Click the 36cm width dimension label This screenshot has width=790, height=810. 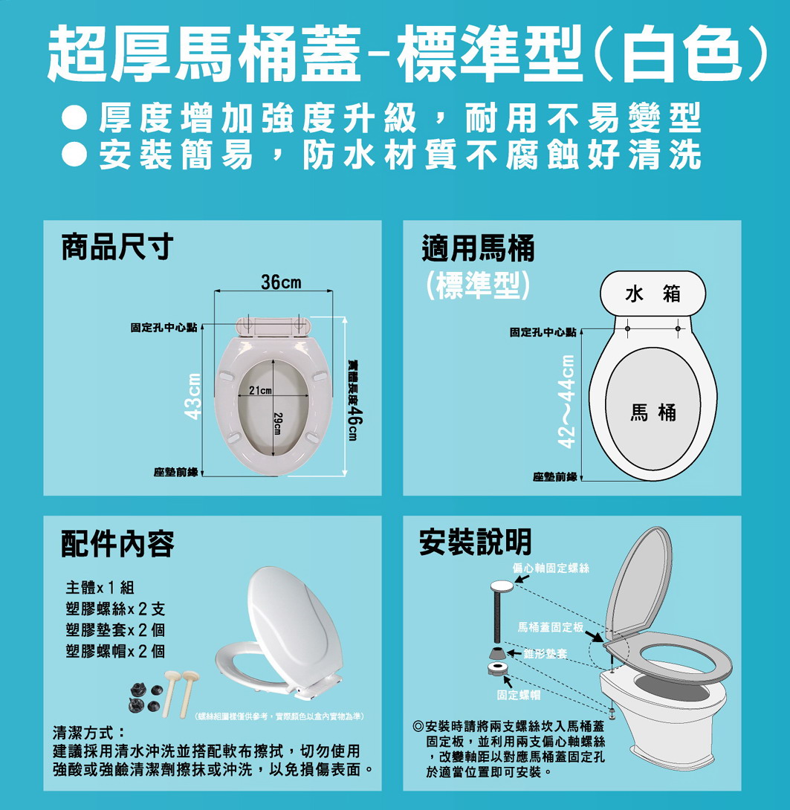pyautogui.click(x=281, y=282)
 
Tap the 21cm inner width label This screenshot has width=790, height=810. pyautogui.click(x=260, y=390)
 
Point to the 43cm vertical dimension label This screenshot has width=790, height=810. pyautogui.click(x=193, y=396)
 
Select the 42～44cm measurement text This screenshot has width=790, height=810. pyautogui.click(x=567, y=401)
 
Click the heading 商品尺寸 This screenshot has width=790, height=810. pyautogui.click(x=118, y=247)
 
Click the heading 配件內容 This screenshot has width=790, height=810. pyautogui.click(x=118, y=543)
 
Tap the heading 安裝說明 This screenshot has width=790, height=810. pyautogui.click(x=476, y=542)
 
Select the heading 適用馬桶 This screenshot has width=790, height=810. pyautogui.click(x=479, y=248)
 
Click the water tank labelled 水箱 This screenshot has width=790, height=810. pyautogui.click(x=653, y=294)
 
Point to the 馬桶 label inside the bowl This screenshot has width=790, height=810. pyautogui.click(x=653, y=412)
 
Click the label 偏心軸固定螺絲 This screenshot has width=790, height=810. pyautogui.click(x=551, y=568)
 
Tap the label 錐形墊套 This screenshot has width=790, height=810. pyautogui.click(x=545, y=654)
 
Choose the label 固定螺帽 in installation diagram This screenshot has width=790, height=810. pyautogui.click(x=519, y=696)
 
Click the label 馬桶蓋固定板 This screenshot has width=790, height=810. pyautogui.click(x=551, y=628)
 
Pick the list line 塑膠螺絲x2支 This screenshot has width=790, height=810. pyautogui.click(x=116, y=609)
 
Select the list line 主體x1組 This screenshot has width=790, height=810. pyautogui.click(x=100, y=587)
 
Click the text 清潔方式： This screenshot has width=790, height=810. pyautogui.click(x=89, y=733)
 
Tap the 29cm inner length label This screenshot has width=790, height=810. pyautogui.click(x=277, y=424)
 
